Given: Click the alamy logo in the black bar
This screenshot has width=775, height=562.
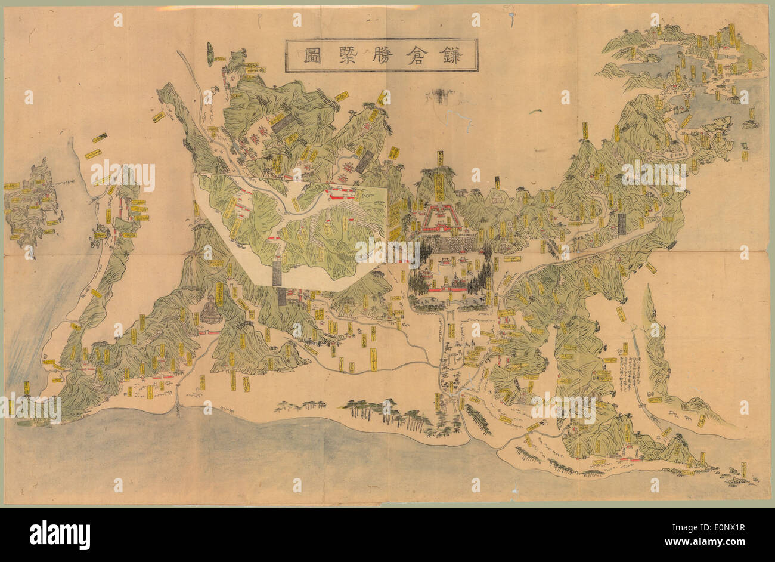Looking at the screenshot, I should [x=60, y=535].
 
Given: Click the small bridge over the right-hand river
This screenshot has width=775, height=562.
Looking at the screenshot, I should [x=643, y=406].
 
